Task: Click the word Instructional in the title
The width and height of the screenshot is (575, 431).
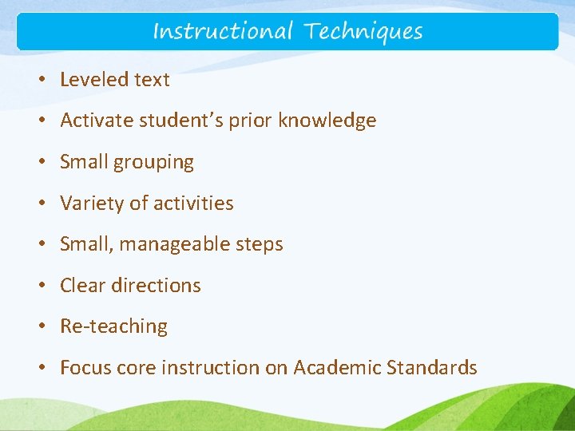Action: pos(223,32)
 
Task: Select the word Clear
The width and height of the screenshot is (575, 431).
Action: pos(82,286)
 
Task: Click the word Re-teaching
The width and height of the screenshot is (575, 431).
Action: pos(113,326)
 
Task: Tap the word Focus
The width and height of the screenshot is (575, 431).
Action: pos(85,368)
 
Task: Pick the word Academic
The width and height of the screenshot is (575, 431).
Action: pos(337,368)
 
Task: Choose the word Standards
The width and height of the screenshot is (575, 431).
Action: pos(431,368)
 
